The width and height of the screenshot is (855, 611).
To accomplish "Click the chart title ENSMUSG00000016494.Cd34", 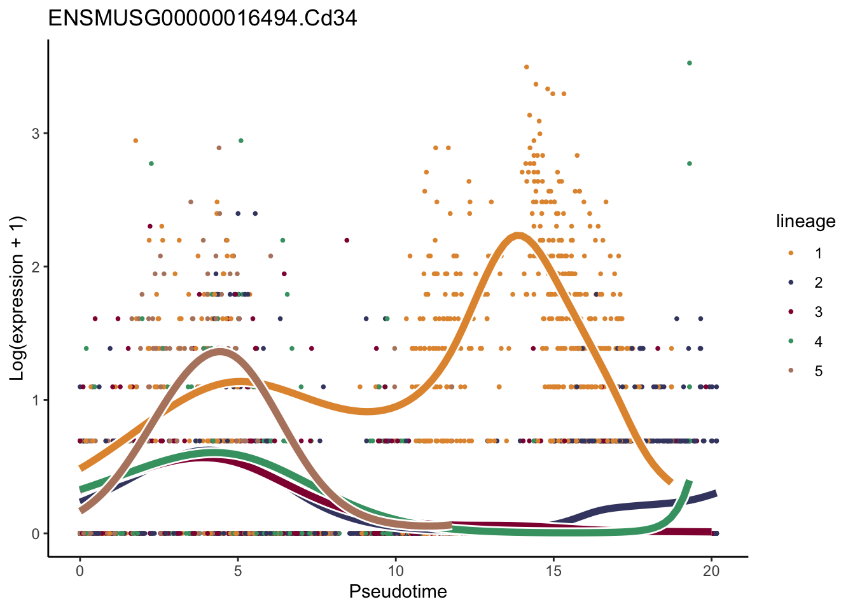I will click(202, 18).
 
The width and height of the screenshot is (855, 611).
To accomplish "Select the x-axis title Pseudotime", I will click(398, 592).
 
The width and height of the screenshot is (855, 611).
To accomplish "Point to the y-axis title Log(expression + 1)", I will click(17, 298).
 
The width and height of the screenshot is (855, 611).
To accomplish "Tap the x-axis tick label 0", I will click(80, 571).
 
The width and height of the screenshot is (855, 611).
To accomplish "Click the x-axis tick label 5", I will click(237, 571).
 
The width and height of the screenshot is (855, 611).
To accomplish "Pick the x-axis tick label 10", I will click(395, 571).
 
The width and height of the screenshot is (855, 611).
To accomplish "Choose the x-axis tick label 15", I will click(553, 571).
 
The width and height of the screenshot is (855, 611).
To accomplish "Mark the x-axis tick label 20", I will click(711, 571).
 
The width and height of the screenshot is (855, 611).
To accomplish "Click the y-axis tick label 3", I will click(36, 134).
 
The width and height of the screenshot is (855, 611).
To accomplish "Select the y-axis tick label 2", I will click(36, 267).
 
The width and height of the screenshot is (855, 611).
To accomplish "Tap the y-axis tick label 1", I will click(36, 400).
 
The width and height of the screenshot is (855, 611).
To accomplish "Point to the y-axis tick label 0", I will click(36, 533).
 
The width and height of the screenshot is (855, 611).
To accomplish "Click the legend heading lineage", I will click(805, 221).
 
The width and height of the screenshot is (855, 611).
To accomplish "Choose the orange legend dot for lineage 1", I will click(791, 253).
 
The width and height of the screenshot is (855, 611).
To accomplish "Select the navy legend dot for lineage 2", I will click(791, 283).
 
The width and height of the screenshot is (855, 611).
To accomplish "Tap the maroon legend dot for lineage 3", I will click(791, 312).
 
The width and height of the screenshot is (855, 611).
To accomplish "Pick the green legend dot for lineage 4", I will click(791, 342).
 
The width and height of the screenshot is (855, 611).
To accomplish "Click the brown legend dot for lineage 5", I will click(791, 371).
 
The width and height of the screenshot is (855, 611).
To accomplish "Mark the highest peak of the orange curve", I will click(518, 236).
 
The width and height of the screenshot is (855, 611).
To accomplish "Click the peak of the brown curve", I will click(220, 351).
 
